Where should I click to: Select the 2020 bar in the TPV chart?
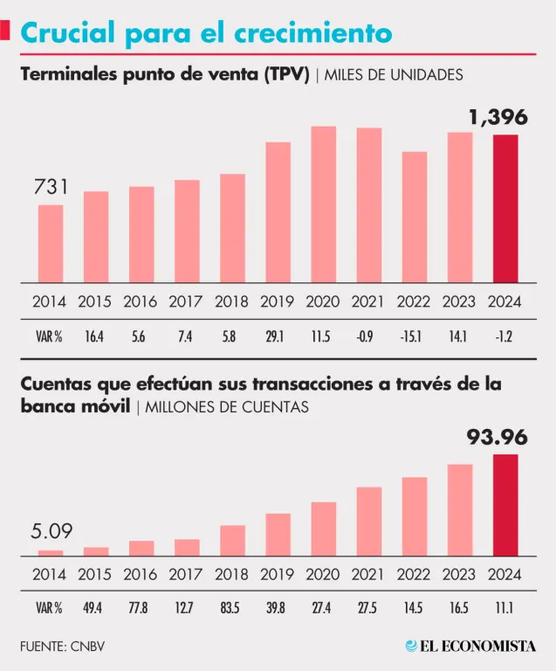pyautogui.click(x=324, y=204)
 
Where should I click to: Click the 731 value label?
pyautogui.click(x=51, y=186)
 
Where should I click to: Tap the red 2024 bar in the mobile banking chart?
pyautogui.click(x=505, y=505)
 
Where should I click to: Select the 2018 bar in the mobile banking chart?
pyautogui.click(x=232, y=540)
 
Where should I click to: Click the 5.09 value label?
pyautogui.click(x=51, y=531)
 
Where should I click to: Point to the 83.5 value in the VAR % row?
pyautogui.click(x=232, y=607)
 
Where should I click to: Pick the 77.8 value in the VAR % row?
pyautogui.click(x=141, y=607)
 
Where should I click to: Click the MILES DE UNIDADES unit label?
pyautogui.click(x=394, y=75)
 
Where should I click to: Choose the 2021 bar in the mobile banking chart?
pyautogui.click(x=369, y=521)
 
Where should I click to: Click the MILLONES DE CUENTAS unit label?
pyautogui.click(x=227, y=407)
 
